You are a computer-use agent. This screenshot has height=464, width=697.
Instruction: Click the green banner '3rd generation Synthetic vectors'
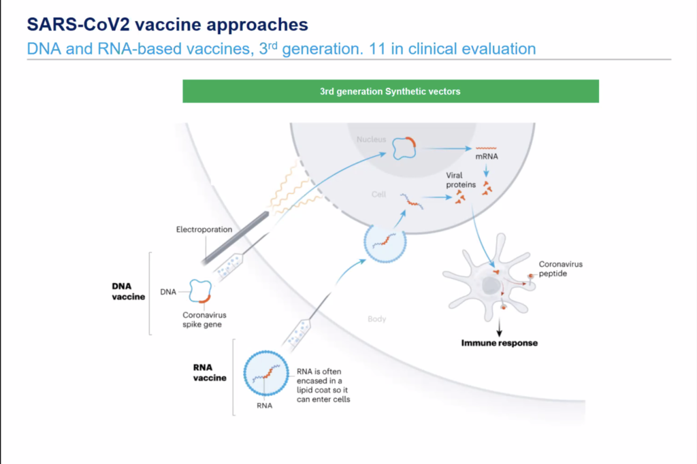tap(390, 91)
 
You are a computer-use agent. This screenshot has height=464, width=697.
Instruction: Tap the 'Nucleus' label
tap(371, 139)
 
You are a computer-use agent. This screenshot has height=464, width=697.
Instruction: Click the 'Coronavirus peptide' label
tap(560, 269)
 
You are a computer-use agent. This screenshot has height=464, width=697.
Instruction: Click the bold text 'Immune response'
tap(500, 343)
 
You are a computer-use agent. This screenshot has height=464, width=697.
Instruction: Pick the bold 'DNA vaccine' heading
tap(128, 292)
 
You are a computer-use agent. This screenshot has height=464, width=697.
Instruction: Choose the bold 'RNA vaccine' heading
tap(209, 372)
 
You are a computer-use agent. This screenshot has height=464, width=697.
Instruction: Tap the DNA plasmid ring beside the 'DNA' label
tap(201, 291)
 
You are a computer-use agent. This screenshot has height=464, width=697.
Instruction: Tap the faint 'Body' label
tap(376, 318)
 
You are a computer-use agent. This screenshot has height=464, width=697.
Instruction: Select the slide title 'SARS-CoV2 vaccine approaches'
tap(167, 24)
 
